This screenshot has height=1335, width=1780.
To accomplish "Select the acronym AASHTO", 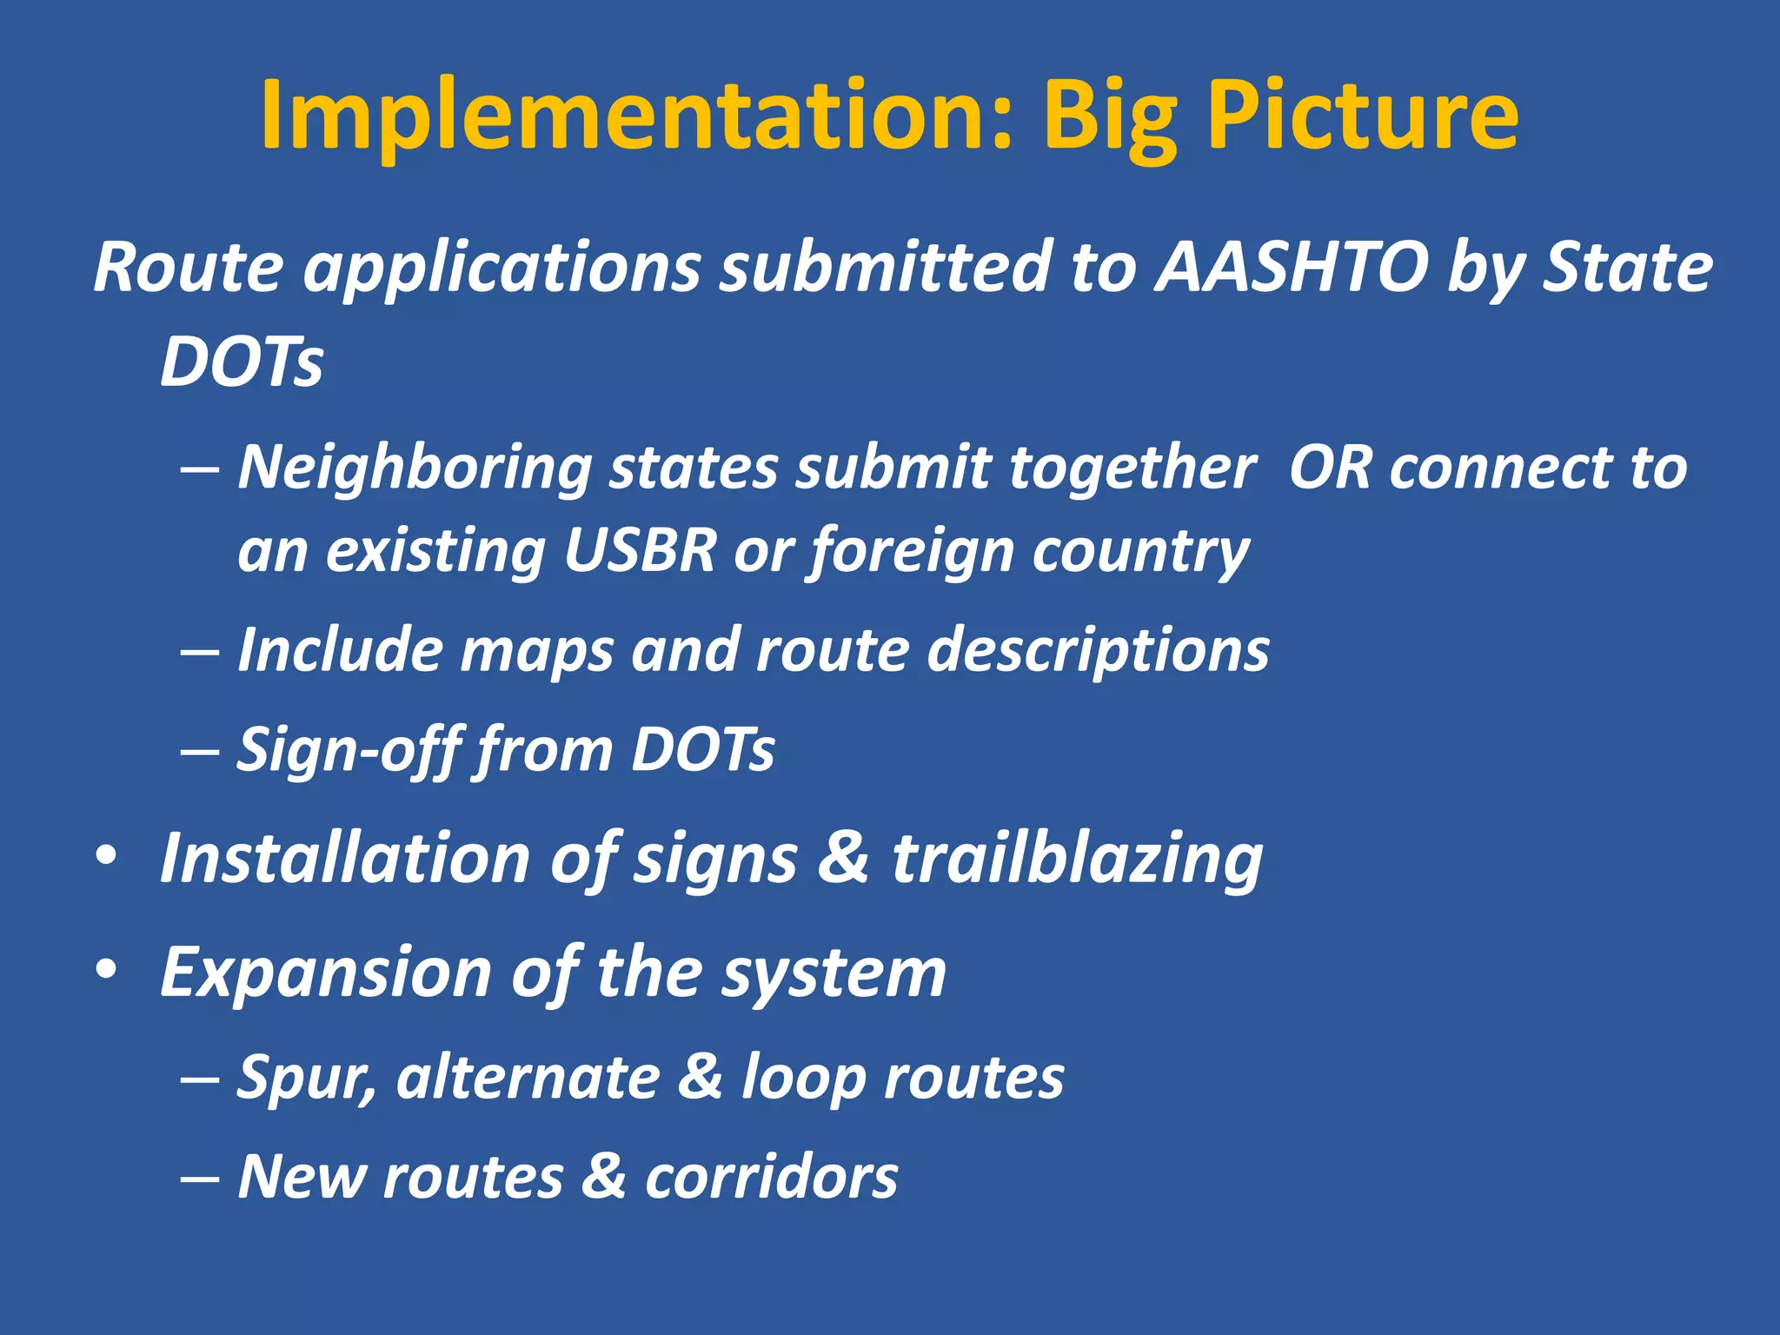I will [x=1292, y=268].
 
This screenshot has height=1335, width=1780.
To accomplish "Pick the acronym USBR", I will [x=640, y=551].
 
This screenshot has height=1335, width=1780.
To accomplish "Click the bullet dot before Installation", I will [x=106, y=856].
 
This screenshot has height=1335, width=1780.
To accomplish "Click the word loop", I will [x=802, y=1079].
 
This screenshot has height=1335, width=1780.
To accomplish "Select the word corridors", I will [x=771, y=1178].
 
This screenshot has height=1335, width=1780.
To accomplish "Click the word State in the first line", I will [x=1626, y=268].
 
